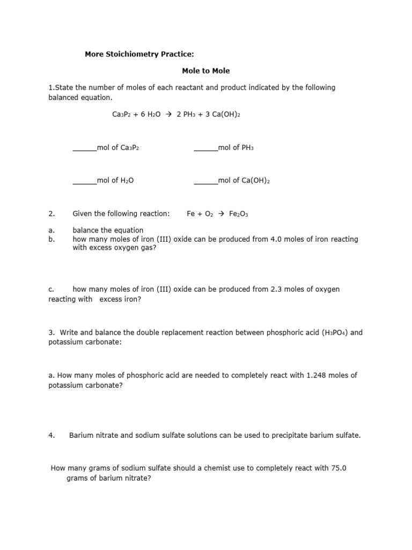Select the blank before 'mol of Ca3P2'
(84, 148)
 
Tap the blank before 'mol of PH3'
(205, 148)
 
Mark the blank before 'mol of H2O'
(84, 181)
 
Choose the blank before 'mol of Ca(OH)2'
(205, 181)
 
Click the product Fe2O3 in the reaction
(239, 214)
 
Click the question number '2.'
(52, 214)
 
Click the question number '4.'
(52, 436)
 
